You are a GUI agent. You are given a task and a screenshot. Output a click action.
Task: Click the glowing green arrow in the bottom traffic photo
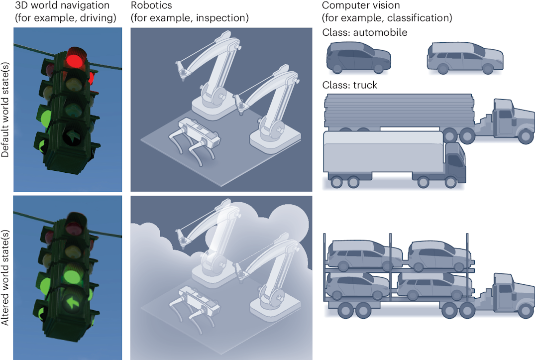click(x=74, y=302)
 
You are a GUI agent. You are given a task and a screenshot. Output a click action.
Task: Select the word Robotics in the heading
click(x=147, y=5)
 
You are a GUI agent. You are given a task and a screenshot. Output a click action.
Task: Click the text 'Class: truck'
click(x=349, y=85)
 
